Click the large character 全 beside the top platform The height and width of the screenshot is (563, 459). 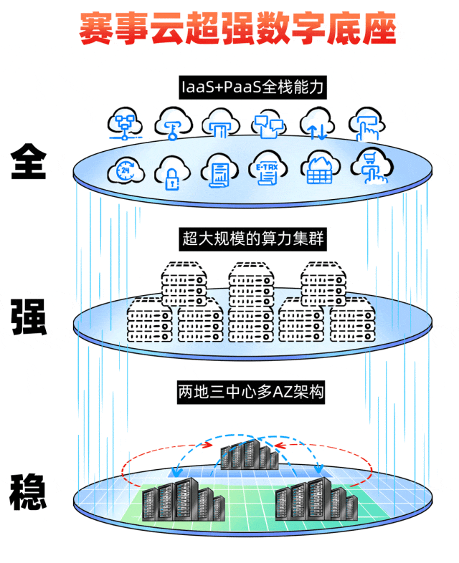pos(29,162)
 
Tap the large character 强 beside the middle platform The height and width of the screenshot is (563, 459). pos(29,317)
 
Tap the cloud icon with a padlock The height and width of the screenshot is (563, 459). pos(172,170)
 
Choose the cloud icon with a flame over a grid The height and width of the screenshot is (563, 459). pos(317,170)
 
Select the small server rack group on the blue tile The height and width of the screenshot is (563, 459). pos(247,454)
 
